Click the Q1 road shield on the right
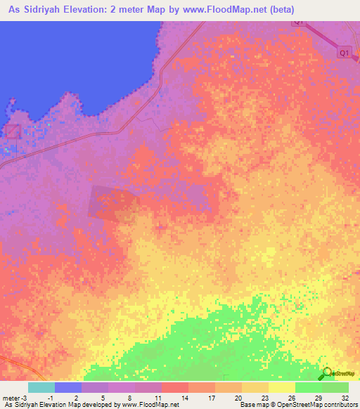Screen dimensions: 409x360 (x=344, y=53)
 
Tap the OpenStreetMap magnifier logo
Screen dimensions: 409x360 (x=327, y=373)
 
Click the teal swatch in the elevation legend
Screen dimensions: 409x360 (x=41, y=387)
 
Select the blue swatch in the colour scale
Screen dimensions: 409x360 (x=68, y=387)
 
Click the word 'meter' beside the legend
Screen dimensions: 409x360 (x=11, y=397)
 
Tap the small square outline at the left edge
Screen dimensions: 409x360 (x=12, y=131)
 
